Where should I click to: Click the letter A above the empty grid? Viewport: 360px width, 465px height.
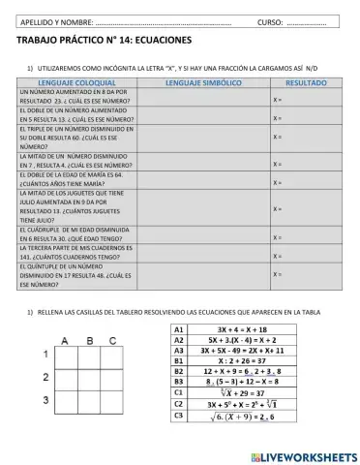(x=66, y=340)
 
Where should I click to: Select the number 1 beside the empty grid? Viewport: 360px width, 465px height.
(x=44, y=356)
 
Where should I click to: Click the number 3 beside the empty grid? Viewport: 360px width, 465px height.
(x=44, y=400)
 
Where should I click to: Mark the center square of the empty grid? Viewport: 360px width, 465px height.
(x=90, y=378)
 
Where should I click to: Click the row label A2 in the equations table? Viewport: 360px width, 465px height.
(x=178, y=340)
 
